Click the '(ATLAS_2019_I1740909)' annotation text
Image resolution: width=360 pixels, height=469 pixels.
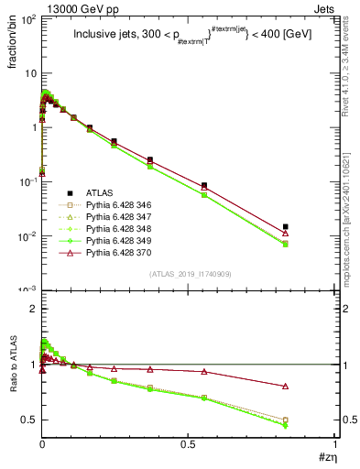pos(190,274)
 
